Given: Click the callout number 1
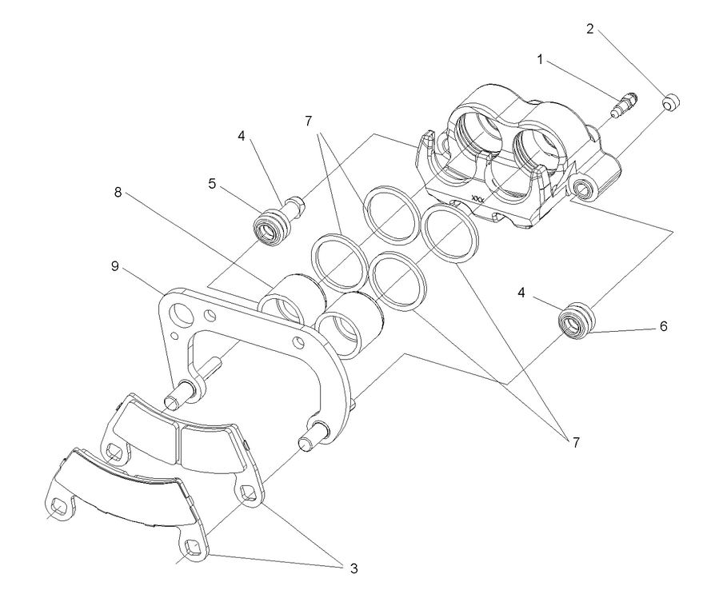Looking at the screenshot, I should [540, 59].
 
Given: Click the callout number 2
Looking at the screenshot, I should [590, 30].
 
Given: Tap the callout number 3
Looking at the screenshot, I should [352, 568].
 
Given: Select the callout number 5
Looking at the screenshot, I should [212, 183].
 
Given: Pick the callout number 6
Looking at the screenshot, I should [664, 327].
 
